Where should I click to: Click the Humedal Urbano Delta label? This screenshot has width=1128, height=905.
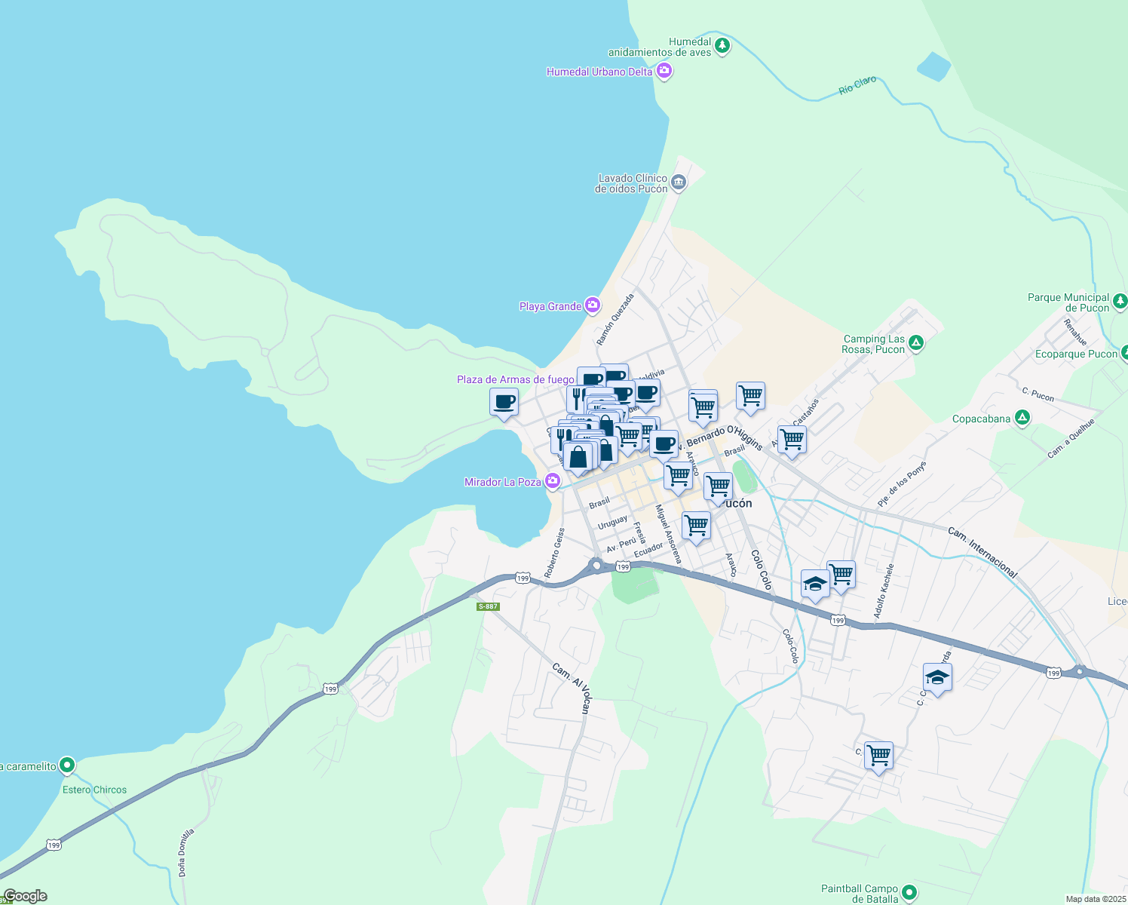point(599,72)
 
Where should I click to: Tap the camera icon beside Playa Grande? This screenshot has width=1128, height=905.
point(593,305)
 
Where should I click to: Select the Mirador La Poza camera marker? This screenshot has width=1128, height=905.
point(553,480)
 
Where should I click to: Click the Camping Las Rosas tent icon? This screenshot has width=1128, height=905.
point(916,343)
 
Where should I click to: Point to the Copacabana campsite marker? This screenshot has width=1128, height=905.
point(1022,417)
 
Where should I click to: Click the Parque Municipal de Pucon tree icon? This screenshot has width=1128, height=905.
point(1120,302)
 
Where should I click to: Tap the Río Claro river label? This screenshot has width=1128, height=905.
point(857,85)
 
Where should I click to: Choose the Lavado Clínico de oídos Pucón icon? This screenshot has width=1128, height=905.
point(678,182)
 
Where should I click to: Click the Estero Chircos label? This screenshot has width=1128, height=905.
point(94,790)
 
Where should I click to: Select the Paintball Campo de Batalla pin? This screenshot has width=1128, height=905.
point(909,892)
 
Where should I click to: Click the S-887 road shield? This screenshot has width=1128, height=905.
point(488,606)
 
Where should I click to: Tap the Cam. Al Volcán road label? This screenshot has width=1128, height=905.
point(570,688)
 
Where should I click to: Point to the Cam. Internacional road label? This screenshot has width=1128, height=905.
point(982,553)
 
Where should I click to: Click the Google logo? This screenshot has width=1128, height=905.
point(25,896)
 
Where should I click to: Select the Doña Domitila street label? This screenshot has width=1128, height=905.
point(185,852)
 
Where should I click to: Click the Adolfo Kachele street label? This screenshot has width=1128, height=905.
point(884,591)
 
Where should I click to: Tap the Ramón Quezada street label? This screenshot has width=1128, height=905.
point(615,320)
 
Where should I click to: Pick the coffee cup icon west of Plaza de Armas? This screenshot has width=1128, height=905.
point(504,402)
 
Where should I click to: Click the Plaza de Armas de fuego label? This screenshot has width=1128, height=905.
point(515,379)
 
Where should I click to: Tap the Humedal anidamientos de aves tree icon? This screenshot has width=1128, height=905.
point(722,46)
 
